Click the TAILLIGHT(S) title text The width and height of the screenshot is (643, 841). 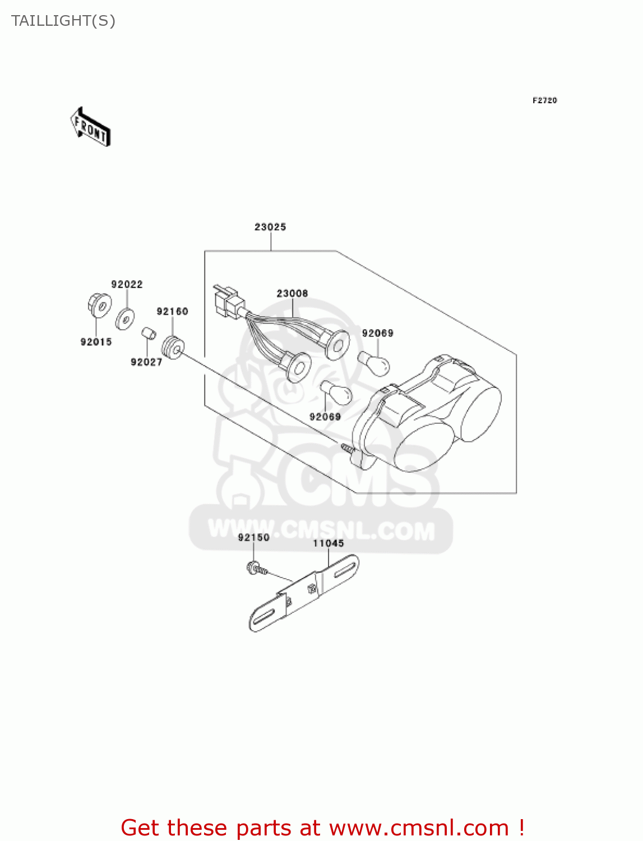pyautogui.click(x=63, y=21)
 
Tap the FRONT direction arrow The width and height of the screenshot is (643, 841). pyautogui.click(x=90, y=127)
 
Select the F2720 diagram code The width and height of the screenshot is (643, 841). pyautogui.click(x=544, y=100)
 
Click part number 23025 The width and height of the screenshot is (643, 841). pyautogui.click(x=270, y=227)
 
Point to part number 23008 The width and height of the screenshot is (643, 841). pyautogui.click(x=292, y=293)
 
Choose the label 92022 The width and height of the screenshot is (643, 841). pyautogui.click(x=127, y=284)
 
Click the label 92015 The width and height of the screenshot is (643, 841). pyautogui.click(x=96, y=341)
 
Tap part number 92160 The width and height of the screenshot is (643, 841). pyautogui.click(x=172, y=311)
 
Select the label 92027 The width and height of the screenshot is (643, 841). pyautogui.click(x=146, y=362)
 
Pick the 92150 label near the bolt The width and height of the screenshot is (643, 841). pyautogui.click(x=253, y=537)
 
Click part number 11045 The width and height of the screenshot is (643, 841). pyautogui.click(x=328, y=543)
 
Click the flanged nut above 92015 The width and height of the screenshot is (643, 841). pyautogui.click(x=99, y=304)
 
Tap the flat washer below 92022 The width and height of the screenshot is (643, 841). pyautogui.click(x=124, y=320)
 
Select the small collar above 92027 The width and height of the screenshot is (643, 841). pyautogui.click(x=148, y=334)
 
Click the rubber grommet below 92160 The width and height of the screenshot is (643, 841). pyautogui.click(x=173, y=348)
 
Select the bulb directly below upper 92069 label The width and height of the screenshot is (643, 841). pyautogui.click(x=374, y=364)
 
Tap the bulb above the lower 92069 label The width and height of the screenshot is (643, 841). pyautogui.click(x=335, y=392)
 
